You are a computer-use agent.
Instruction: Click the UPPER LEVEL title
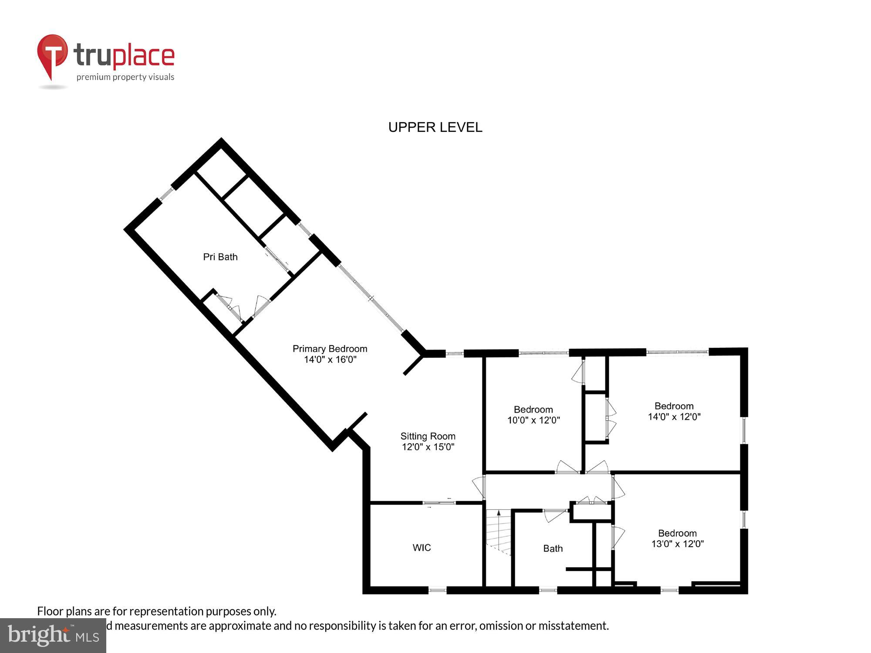[x=435, y=127]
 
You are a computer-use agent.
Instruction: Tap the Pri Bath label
[x=220, y=257]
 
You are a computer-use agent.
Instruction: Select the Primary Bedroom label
[x=330, y=349]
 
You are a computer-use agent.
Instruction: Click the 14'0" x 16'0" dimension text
[x=330, y=360]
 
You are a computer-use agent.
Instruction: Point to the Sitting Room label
[x=428, y=436]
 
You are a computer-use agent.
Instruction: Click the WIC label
[x=422, y=548]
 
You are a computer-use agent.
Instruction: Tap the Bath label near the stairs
[x=553, y=549]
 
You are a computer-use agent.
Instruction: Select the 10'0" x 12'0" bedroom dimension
[x=533, y=421]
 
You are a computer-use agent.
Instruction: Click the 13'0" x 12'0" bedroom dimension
[x=677, y=544]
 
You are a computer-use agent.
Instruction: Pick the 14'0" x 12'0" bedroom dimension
[x=674, y=417]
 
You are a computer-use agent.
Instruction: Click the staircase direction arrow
[x=499, y=514]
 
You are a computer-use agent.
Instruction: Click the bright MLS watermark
[x=53, y=635]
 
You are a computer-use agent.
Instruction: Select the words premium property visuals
[x=125, y=77]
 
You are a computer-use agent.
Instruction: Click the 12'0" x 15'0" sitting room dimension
[x=428, y=447]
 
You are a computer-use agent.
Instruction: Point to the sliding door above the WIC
[x=439, y=503]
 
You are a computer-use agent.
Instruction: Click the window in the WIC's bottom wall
[x=437, y=590]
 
